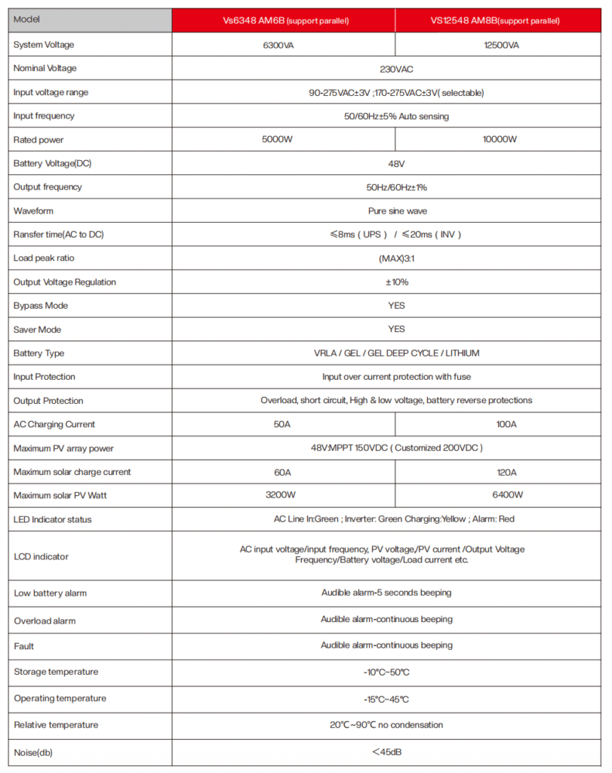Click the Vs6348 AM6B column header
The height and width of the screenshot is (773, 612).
tap(283, 20)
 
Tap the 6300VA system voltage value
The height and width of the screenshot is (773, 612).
tap(283, 45)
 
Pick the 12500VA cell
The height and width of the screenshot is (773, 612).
tap(501, 45)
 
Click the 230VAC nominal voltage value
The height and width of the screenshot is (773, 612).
tap(392, 69)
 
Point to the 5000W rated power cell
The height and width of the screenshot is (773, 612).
tap(283, 140)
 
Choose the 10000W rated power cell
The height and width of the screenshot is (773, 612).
tap(501, 140)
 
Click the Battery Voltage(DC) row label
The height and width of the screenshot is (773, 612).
tap(52, 164)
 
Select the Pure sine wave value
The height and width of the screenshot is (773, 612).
tap(392, 211)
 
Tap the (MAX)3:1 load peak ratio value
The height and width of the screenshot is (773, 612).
tap(392, 258)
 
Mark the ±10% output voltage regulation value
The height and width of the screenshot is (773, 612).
tap(392, 282)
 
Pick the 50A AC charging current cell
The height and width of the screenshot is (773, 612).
tap(283, 424)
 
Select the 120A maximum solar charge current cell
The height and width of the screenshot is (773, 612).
tap(501, 472)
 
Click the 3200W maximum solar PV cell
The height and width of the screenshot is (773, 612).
tap(283, 495)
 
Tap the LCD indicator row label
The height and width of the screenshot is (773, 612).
tap(41, 556)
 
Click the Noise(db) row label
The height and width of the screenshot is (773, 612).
tap(34, 752)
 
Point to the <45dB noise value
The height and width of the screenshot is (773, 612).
tap(392, 752)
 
